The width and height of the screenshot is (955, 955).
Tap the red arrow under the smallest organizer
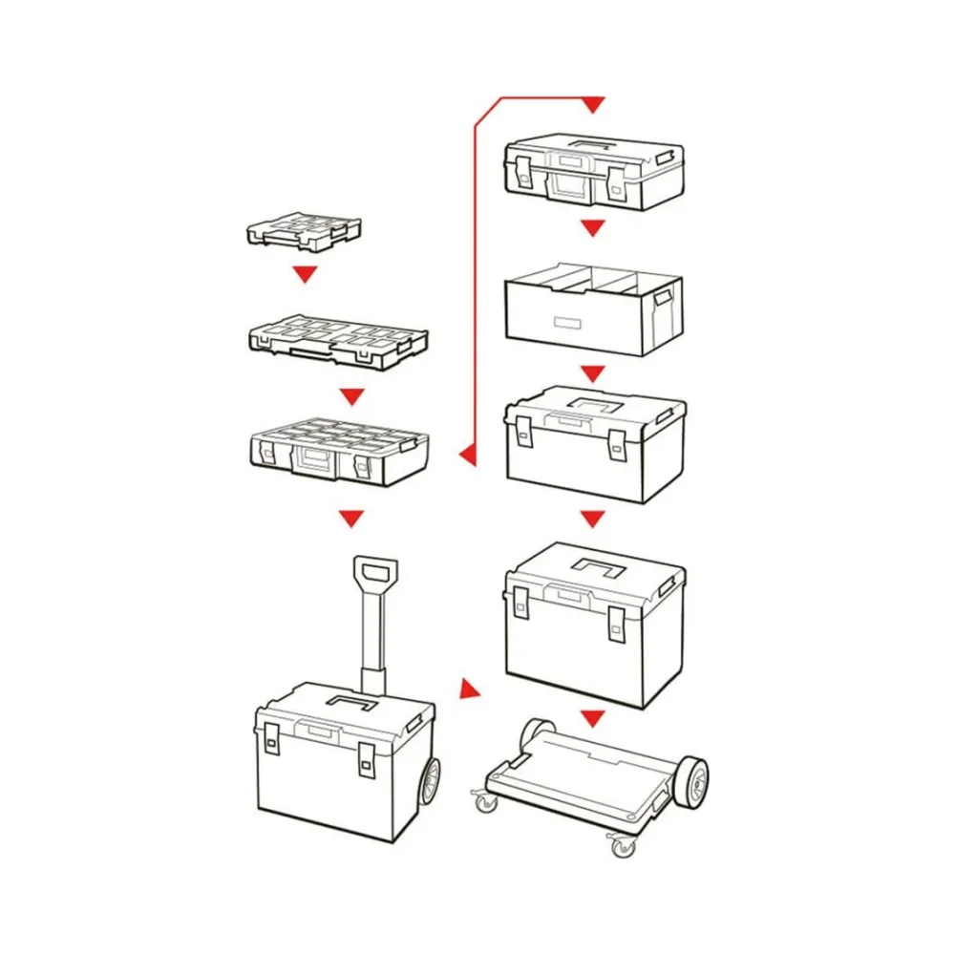304,275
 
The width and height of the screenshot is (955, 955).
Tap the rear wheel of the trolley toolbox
430,781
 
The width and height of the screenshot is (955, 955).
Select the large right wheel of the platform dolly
690,780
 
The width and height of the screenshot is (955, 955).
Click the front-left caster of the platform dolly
487,802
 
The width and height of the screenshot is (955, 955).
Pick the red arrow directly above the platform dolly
593,717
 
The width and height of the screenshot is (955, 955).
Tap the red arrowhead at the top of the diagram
593,103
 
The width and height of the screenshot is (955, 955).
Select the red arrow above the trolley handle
352,519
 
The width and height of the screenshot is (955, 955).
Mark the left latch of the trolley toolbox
271,739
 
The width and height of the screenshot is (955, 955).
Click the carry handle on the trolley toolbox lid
351,703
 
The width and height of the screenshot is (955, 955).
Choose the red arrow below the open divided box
593,372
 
